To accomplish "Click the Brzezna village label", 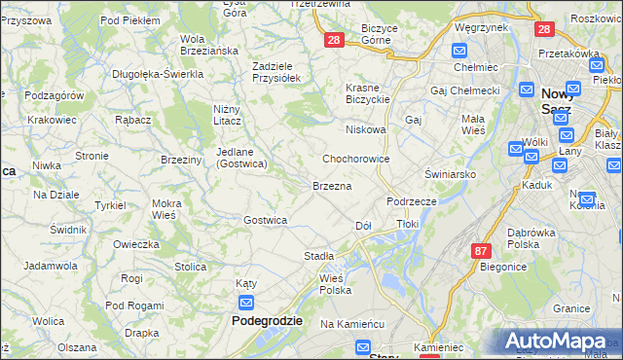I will tap(331, 184).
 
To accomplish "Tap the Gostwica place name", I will tap(265, 220).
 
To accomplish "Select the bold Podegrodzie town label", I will tap(267, 320).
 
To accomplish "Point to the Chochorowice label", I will tap(356, 158).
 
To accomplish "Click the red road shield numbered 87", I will tap(480, 250).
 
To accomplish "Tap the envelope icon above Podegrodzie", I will tap(246, 303).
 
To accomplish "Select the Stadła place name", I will tap(319, 255).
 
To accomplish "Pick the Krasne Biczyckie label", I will tap(368, 93).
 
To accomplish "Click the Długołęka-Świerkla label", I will tap(157, 73).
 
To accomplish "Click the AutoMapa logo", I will tap(559, 342).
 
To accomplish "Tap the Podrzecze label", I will tap(411, 200).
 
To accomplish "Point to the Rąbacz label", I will tap(131, 120).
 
